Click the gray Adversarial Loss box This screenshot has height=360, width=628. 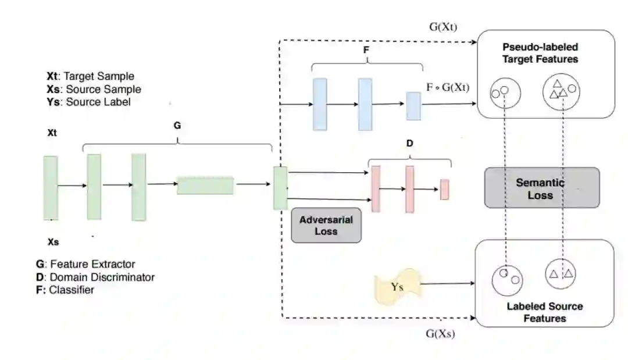326,226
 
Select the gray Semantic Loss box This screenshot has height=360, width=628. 542,188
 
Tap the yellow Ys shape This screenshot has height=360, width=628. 397,286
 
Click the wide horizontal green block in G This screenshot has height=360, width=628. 205,186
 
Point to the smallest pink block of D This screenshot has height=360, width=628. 444,190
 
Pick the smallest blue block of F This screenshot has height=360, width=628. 413,105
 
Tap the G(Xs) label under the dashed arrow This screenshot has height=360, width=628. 440,334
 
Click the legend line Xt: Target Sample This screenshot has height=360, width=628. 90,76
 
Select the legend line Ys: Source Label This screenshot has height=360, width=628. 88,102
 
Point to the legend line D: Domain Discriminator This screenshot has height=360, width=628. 95,277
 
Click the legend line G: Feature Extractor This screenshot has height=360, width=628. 85,264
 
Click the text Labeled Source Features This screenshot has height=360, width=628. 544,312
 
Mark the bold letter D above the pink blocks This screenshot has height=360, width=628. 409,142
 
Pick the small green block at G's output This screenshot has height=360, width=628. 280,188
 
